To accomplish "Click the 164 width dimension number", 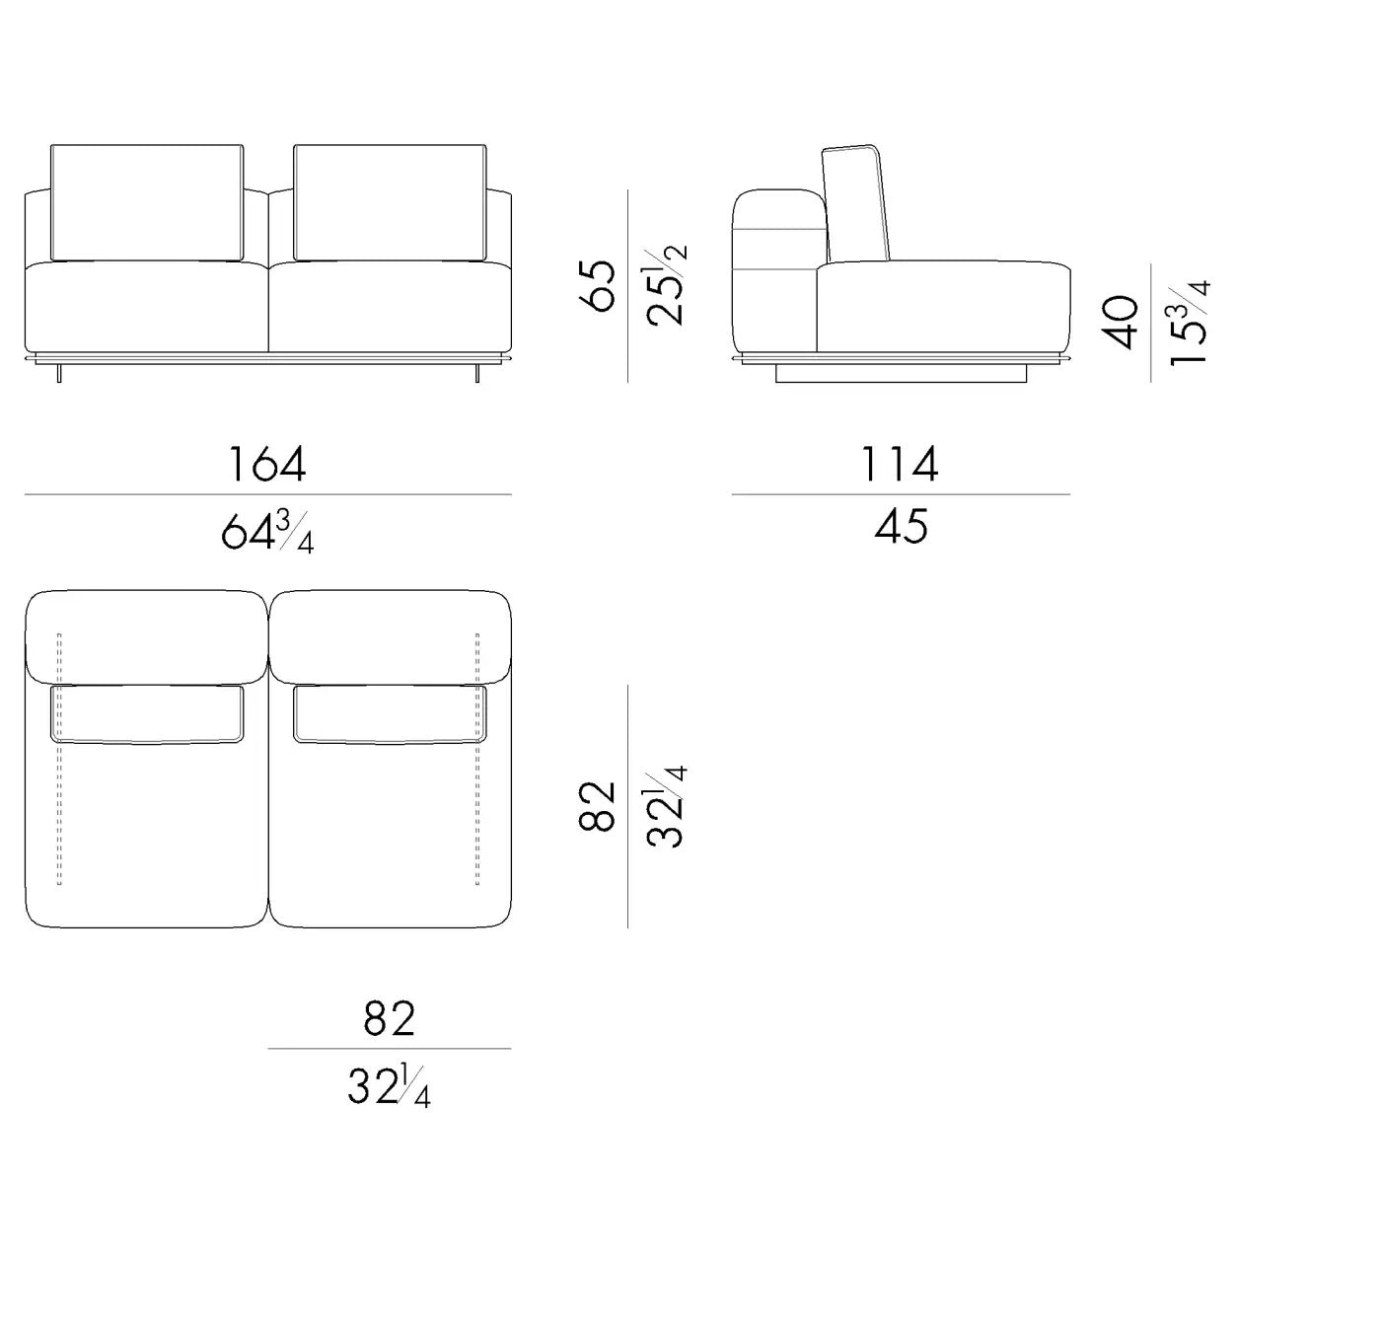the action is (267, 465).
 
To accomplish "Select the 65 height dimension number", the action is (598, 286).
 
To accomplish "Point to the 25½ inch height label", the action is (666, 285).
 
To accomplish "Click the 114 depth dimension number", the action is (900, 465).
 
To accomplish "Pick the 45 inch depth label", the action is (902, 527).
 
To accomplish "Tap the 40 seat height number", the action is (1121, 323).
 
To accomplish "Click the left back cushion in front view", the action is (147, 203).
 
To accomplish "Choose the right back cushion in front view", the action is (390, 203).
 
